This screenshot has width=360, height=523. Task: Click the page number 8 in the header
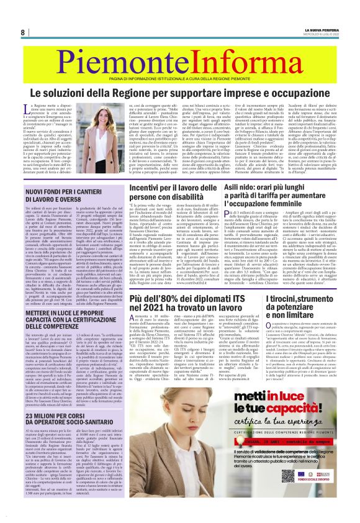click(22, 32)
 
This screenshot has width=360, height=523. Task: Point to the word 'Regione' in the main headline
click(158, 93)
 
